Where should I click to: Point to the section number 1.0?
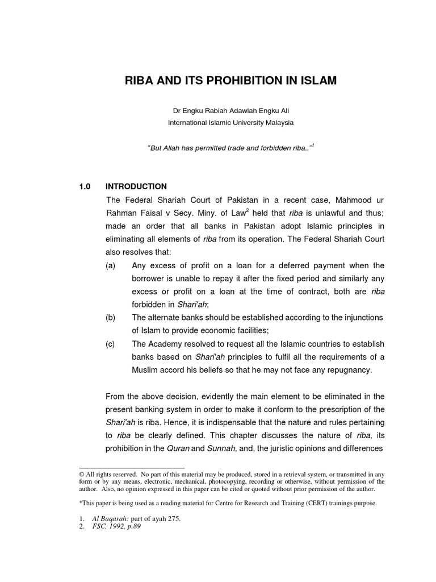[85, 186]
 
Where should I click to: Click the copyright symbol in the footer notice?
[81, 474]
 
